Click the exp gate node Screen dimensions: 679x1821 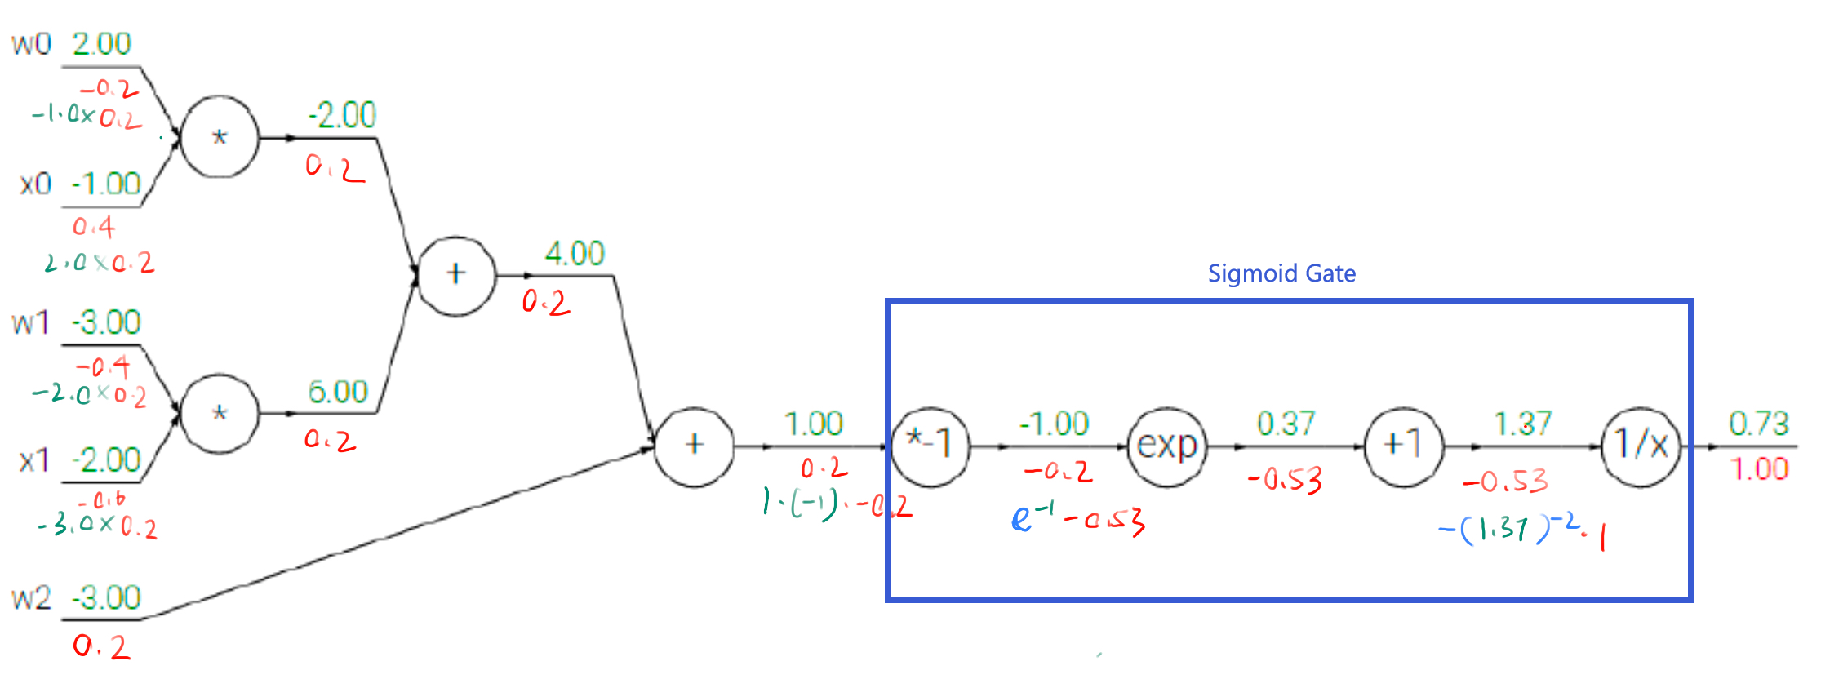point(1166,446)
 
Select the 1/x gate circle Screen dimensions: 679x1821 point(1641,446)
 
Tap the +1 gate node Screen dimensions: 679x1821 point(1403,446)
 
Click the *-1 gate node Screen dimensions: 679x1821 point(930,446)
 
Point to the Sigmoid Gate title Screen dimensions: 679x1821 point(1281,273)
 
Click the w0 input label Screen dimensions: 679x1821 point(31,44)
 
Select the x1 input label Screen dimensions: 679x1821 point(34,461)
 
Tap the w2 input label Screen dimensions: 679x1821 point(31,598)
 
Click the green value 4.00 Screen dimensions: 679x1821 point(575,254)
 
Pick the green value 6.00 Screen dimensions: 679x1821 point(338,392)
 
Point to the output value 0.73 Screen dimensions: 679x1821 point(1758,424)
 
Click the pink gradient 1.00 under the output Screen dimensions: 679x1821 point(1758,469)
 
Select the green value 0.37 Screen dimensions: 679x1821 point(1286,424)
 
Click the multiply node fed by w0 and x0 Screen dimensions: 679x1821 point(219,137)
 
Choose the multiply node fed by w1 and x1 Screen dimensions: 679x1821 point(219,414)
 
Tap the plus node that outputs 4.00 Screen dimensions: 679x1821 point(455,275)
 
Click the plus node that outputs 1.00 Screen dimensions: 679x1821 point(694,446)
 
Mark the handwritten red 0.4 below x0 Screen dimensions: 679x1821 point(94,226)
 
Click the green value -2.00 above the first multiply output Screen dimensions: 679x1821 point(342,115)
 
